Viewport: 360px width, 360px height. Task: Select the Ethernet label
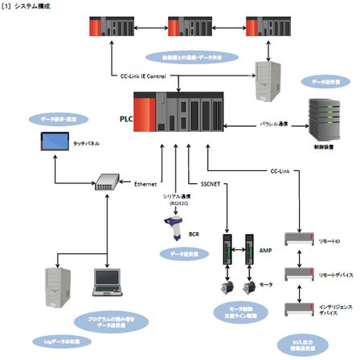(x=145, y=183)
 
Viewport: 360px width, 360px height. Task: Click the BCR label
(x=194, y=235)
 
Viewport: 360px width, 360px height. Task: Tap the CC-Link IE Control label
(x=144, y=76)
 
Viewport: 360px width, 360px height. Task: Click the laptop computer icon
(x=107, y=281)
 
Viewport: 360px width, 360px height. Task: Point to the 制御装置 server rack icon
(x=325, y=117)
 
